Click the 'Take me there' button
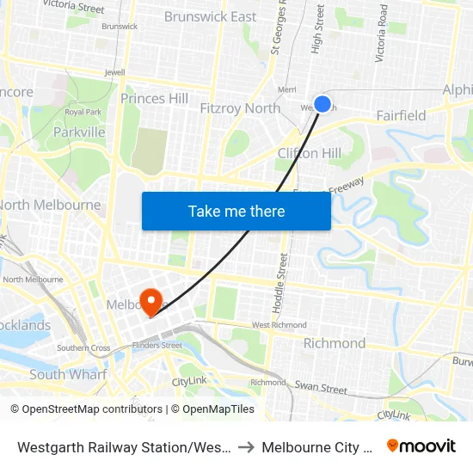(x=236, y=211)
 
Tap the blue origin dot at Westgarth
(x=322, y=103)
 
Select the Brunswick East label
(x=210, y=16)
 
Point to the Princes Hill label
(x=154, y=98)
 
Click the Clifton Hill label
(x=310, y=153)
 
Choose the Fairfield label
(x=401, y=115)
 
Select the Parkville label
(x=79, y=132)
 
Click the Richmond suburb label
(x=335, y=343)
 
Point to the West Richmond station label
(x=279, y=325)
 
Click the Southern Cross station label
(x=83, y=348)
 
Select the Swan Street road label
(x=322, y=389)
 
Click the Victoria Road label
(x=381, y=35)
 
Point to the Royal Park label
(x=83, y=112)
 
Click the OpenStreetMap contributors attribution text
(x=92, y=409)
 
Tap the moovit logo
(x=421, y=445)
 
